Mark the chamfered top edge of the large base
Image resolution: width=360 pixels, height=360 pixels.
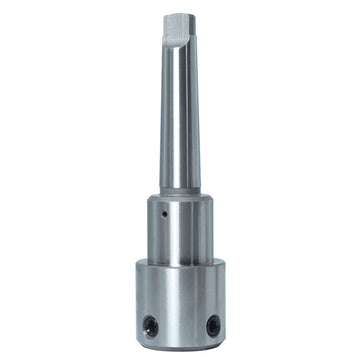181,263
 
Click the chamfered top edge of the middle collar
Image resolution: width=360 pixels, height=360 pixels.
181,197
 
